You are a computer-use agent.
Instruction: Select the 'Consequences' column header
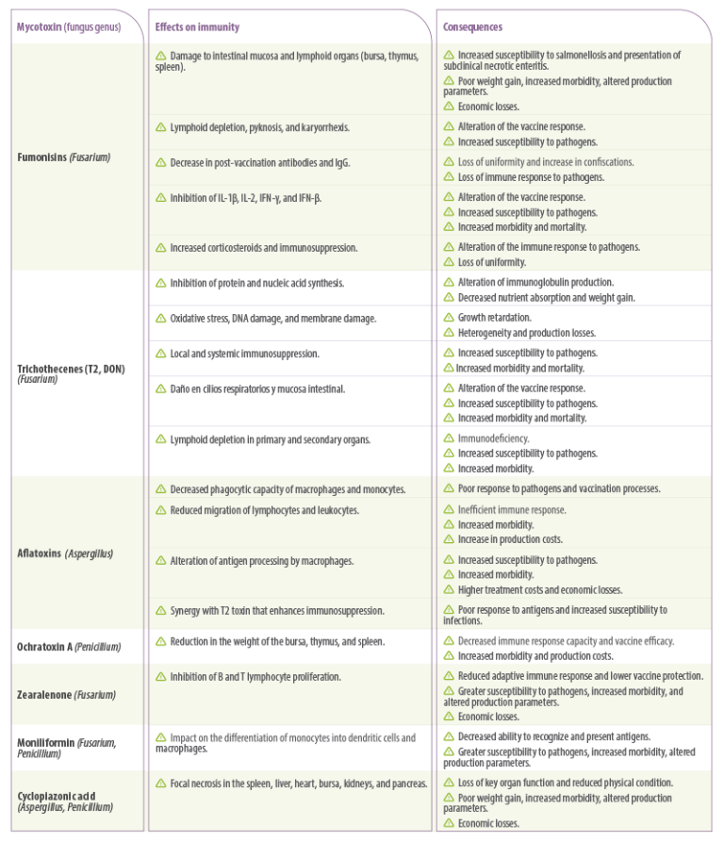point(472,26)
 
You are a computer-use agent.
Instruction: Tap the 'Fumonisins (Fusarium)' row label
point(64,157)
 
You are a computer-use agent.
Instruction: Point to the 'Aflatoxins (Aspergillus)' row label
point(65,553)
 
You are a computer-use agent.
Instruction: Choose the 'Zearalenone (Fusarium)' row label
point(66,695)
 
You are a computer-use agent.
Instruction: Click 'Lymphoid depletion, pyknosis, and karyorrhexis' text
point(247,127)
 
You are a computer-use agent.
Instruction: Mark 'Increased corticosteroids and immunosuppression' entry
point(263,248)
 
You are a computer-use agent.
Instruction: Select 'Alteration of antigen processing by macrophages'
point(261,561)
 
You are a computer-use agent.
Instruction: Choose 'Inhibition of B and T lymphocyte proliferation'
point(255,677)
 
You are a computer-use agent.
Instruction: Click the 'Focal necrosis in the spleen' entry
point(298,784)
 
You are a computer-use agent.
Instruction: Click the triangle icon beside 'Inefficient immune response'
point(449,510)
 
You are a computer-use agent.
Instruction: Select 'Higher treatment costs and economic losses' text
point(539,590)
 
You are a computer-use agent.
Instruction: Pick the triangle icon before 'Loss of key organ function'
point(449,784)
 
